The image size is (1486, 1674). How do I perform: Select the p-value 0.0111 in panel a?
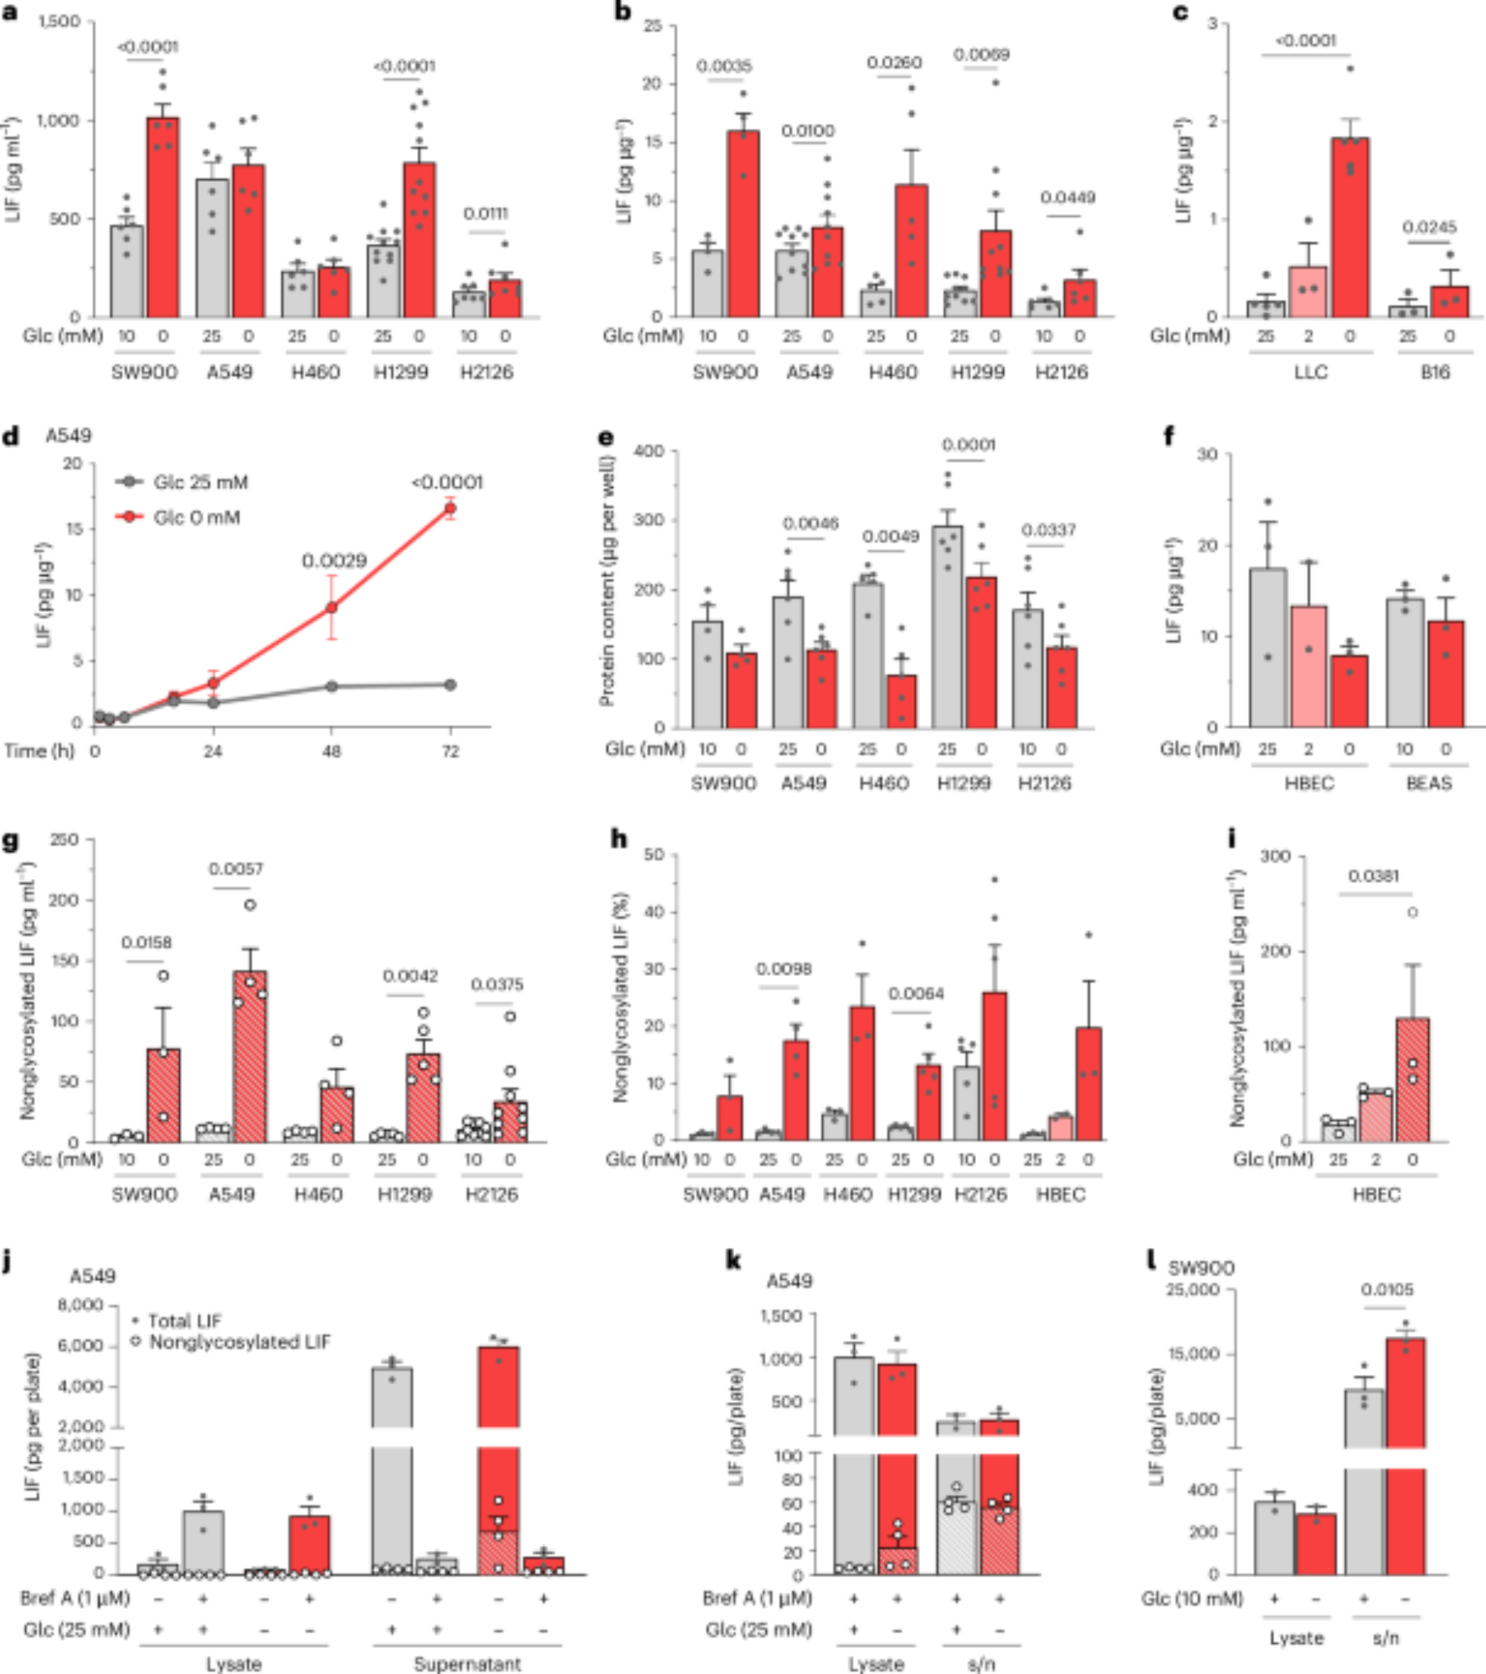pos(486,213)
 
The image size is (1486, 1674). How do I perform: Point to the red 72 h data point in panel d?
pos(450,508)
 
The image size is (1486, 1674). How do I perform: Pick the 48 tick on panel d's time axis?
pos(332,752)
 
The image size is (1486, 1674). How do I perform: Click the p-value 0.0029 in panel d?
pos(334,561)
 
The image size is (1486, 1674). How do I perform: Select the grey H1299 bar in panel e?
pos(948,628)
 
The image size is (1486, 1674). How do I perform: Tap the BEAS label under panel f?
pos(1428,783)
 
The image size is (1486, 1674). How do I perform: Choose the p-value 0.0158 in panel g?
pos(147,943)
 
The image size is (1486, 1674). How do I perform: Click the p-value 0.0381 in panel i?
pos(1373,876)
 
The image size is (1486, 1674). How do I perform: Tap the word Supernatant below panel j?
pos(467,1664)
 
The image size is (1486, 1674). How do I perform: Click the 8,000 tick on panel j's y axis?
pos(80,1305)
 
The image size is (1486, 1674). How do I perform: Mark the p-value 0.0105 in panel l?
pos(1387,1290)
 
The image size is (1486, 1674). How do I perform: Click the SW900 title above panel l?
pos(1201,1268)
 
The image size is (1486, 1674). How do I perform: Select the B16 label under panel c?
pos(1434,372)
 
